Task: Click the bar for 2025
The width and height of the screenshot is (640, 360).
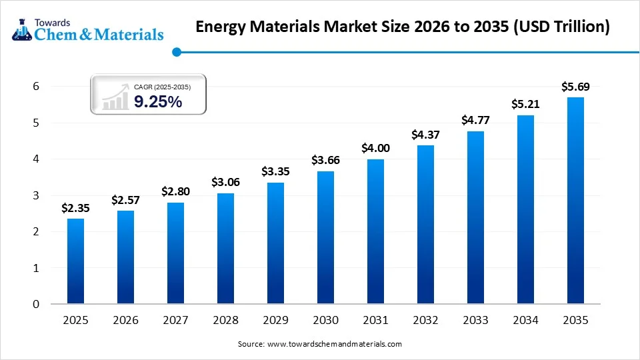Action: pyautogui.click(x=76, y=261)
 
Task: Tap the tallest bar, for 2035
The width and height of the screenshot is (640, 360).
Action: pyautogui.click(x=575, y=201)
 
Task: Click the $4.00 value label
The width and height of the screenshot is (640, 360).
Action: pyautogui.click(x=375, y=148)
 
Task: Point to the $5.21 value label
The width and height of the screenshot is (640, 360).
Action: pyautogui.click(x=525, y=104)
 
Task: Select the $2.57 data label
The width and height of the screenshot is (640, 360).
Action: pyautogui.click(x=125, y=200)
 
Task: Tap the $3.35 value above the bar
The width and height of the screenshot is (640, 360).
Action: pyautogui.click(x=275, y=171)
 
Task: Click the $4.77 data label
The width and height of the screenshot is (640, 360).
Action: pyautogui.click(x=475, y=120)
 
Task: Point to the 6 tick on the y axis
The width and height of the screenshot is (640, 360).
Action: pyautogui.click(x=37, y=87)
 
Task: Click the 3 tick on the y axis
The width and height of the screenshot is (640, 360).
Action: pyautogui.click(x=37, y=195)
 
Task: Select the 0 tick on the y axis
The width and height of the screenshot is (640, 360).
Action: pyautogui.click(x=37, y=304)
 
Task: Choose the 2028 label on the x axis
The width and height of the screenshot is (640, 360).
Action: pyautogui.click(x=225, y=321)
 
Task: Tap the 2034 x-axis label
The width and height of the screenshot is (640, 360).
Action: pyautogui.click(x=525, y=321)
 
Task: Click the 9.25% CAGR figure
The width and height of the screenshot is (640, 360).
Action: pyautogui.click(x=158, y=101)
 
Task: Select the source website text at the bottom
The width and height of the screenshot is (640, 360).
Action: pyautogui.click(x=320, y=344)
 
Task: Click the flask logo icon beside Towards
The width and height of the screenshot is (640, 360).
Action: pyautogui.click(x=21, y=29)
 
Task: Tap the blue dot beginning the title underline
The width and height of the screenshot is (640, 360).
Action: pyautogui.click(x=176, y=51)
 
